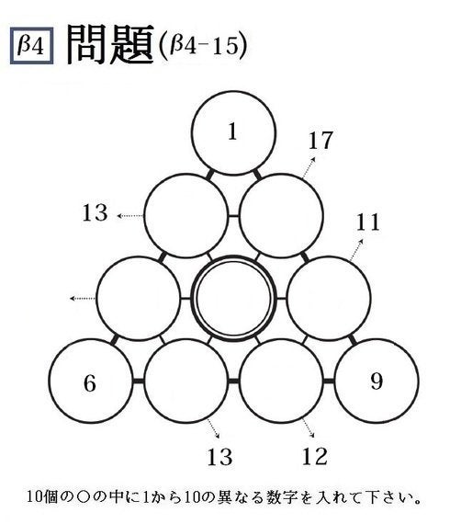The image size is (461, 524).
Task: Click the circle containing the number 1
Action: (233, 133)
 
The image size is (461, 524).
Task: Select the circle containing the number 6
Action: (91, 382)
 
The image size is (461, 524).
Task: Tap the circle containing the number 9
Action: (377, 382)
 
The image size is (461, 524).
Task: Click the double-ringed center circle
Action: (233, 299)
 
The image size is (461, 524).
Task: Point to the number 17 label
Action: (320, 141)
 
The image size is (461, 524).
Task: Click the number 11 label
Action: (367, 222)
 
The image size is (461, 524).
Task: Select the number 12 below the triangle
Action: (315, 457)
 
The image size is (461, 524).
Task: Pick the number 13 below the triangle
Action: (219, 457)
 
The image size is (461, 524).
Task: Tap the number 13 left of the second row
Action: (95, 212)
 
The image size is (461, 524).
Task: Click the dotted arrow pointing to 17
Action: (309, 167)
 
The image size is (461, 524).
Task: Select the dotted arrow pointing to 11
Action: (356, 250)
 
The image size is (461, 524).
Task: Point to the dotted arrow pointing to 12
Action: (309, 427)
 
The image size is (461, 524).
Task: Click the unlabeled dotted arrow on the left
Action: (83, 298)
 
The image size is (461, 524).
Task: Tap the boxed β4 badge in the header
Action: (32, 46)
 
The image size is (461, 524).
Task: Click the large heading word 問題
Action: (110, 44)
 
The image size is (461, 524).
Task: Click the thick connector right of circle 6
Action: (139, 382)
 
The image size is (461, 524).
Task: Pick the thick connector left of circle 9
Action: (329, 382)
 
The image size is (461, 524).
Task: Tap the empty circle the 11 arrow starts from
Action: (329, 299)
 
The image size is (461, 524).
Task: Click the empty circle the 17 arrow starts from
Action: (281, 216)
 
